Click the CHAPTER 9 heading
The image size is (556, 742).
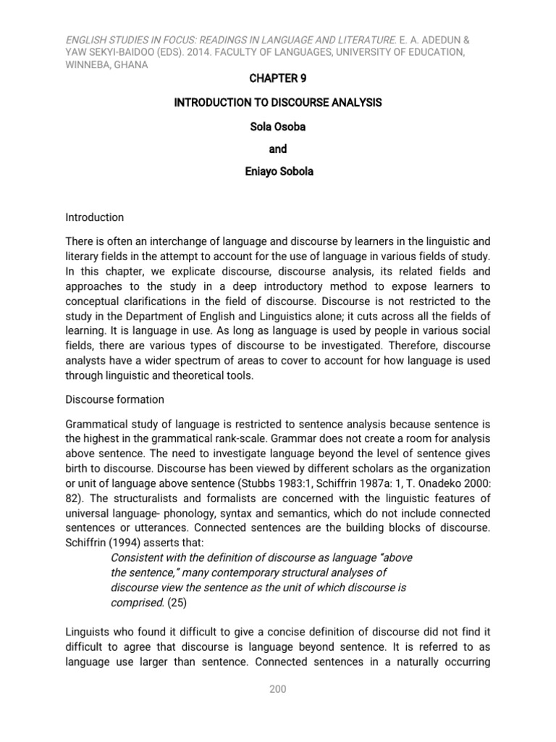point(277,78)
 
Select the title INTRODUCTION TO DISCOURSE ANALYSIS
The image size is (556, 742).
point(277,103)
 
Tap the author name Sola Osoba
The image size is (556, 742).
point(277,126)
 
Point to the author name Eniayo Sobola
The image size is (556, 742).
point(277,173)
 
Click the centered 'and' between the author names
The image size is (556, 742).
point(277,149)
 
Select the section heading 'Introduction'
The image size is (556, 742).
point(94,217)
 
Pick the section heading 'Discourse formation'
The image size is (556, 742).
point(114,399)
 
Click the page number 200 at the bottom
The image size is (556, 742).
point(277,689)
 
